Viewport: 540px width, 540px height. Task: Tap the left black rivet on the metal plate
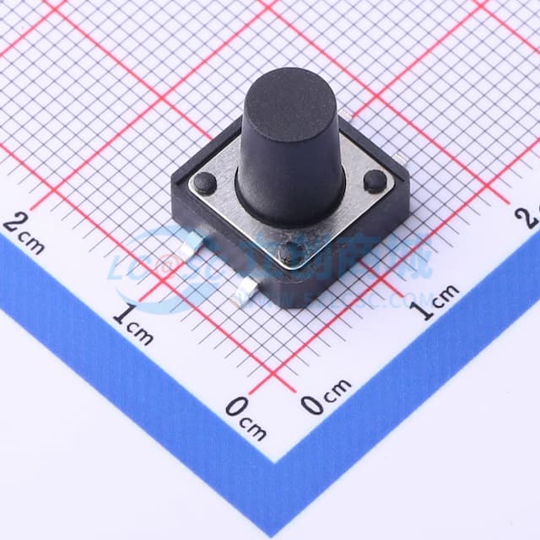pyautogui.click(x=204, y=181)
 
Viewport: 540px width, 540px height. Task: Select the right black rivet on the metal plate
pyautogui.click(x=375, y=180)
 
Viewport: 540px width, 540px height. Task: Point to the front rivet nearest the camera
pyautogui.click(x=290, y=251)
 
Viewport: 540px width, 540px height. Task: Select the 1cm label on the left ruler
pyautogui.click(x=133, y=325)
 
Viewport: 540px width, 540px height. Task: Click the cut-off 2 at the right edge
pyautogui.click(x=531, y=217)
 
